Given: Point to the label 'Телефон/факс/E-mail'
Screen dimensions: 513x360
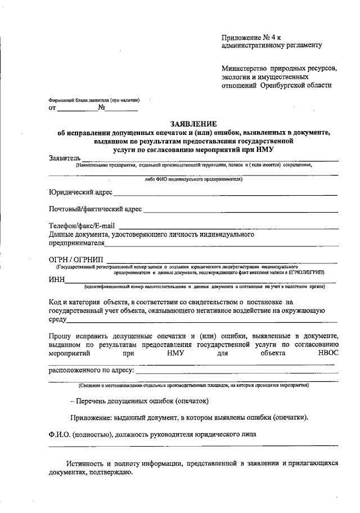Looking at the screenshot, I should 82,226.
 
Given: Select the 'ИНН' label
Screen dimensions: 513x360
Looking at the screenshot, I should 57,280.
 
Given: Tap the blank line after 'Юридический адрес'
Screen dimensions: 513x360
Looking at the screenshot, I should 225,194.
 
